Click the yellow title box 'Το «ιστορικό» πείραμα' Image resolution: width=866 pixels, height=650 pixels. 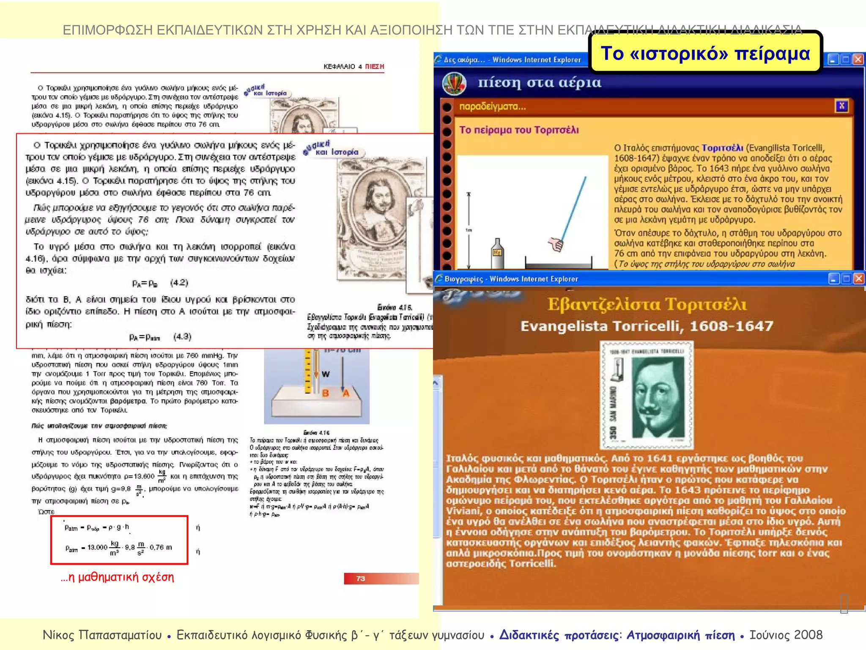(x=705, y=53)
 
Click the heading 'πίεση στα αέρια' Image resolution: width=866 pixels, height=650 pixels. (x=539, y=82)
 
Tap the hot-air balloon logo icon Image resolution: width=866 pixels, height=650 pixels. (x=455, y=83)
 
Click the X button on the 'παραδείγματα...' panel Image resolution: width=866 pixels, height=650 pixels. (x=841, y=106)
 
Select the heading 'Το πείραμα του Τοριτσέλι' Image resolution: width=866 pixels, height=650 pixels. (x=519, y=130)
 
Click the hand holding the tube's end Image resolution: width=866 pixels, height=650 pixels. (x=556, y=244)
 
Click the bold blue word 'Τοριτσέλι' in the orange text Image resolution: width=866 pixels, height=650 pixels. (x=722, y=148)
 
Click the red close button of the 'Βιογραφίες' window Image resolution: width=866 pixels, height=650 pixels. (x=859, y=278)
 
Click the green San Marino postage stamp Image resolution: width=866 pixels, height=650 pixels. (x=647, y=395)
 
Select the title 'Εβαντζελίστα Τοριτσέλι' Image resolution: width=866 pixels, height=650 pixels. (x=647, y=304)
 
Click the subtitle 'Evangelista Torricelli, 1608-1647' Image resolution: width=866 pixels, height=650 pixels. (x=647, y=326)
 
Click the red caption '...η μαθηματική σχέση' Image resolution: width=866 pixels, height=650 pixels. (x=117, y=577)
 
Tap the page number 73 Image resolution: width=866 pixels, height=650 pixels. (x=360, y=578)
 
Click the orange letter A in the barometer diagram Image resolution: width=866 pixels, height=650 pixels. (x=346, y=393)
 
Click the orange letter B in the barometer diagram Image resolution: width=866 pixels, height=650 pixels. (x=326, y=393)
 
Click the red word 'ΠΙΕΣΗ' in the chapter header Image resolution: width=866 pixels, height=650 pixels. (x=374, y=66)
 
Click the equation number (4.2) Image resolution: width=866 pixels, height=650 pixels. (x=179, y=283)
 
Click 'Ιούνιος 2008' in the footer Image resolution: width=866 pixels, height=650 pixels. (x=786, y=635)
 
